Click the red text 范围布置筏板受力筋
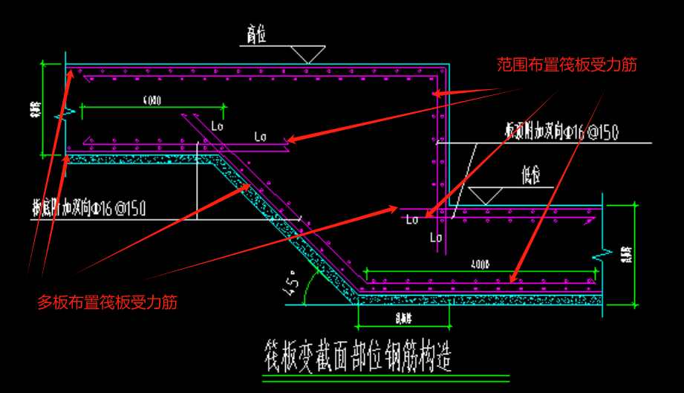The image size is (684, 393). point(567,65)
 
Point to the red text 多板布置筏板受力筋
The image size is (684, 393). point(108,302)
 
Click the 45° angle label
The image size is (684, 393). point(293,283)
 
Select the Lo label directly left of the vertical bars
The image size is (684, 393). point(411,219)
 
